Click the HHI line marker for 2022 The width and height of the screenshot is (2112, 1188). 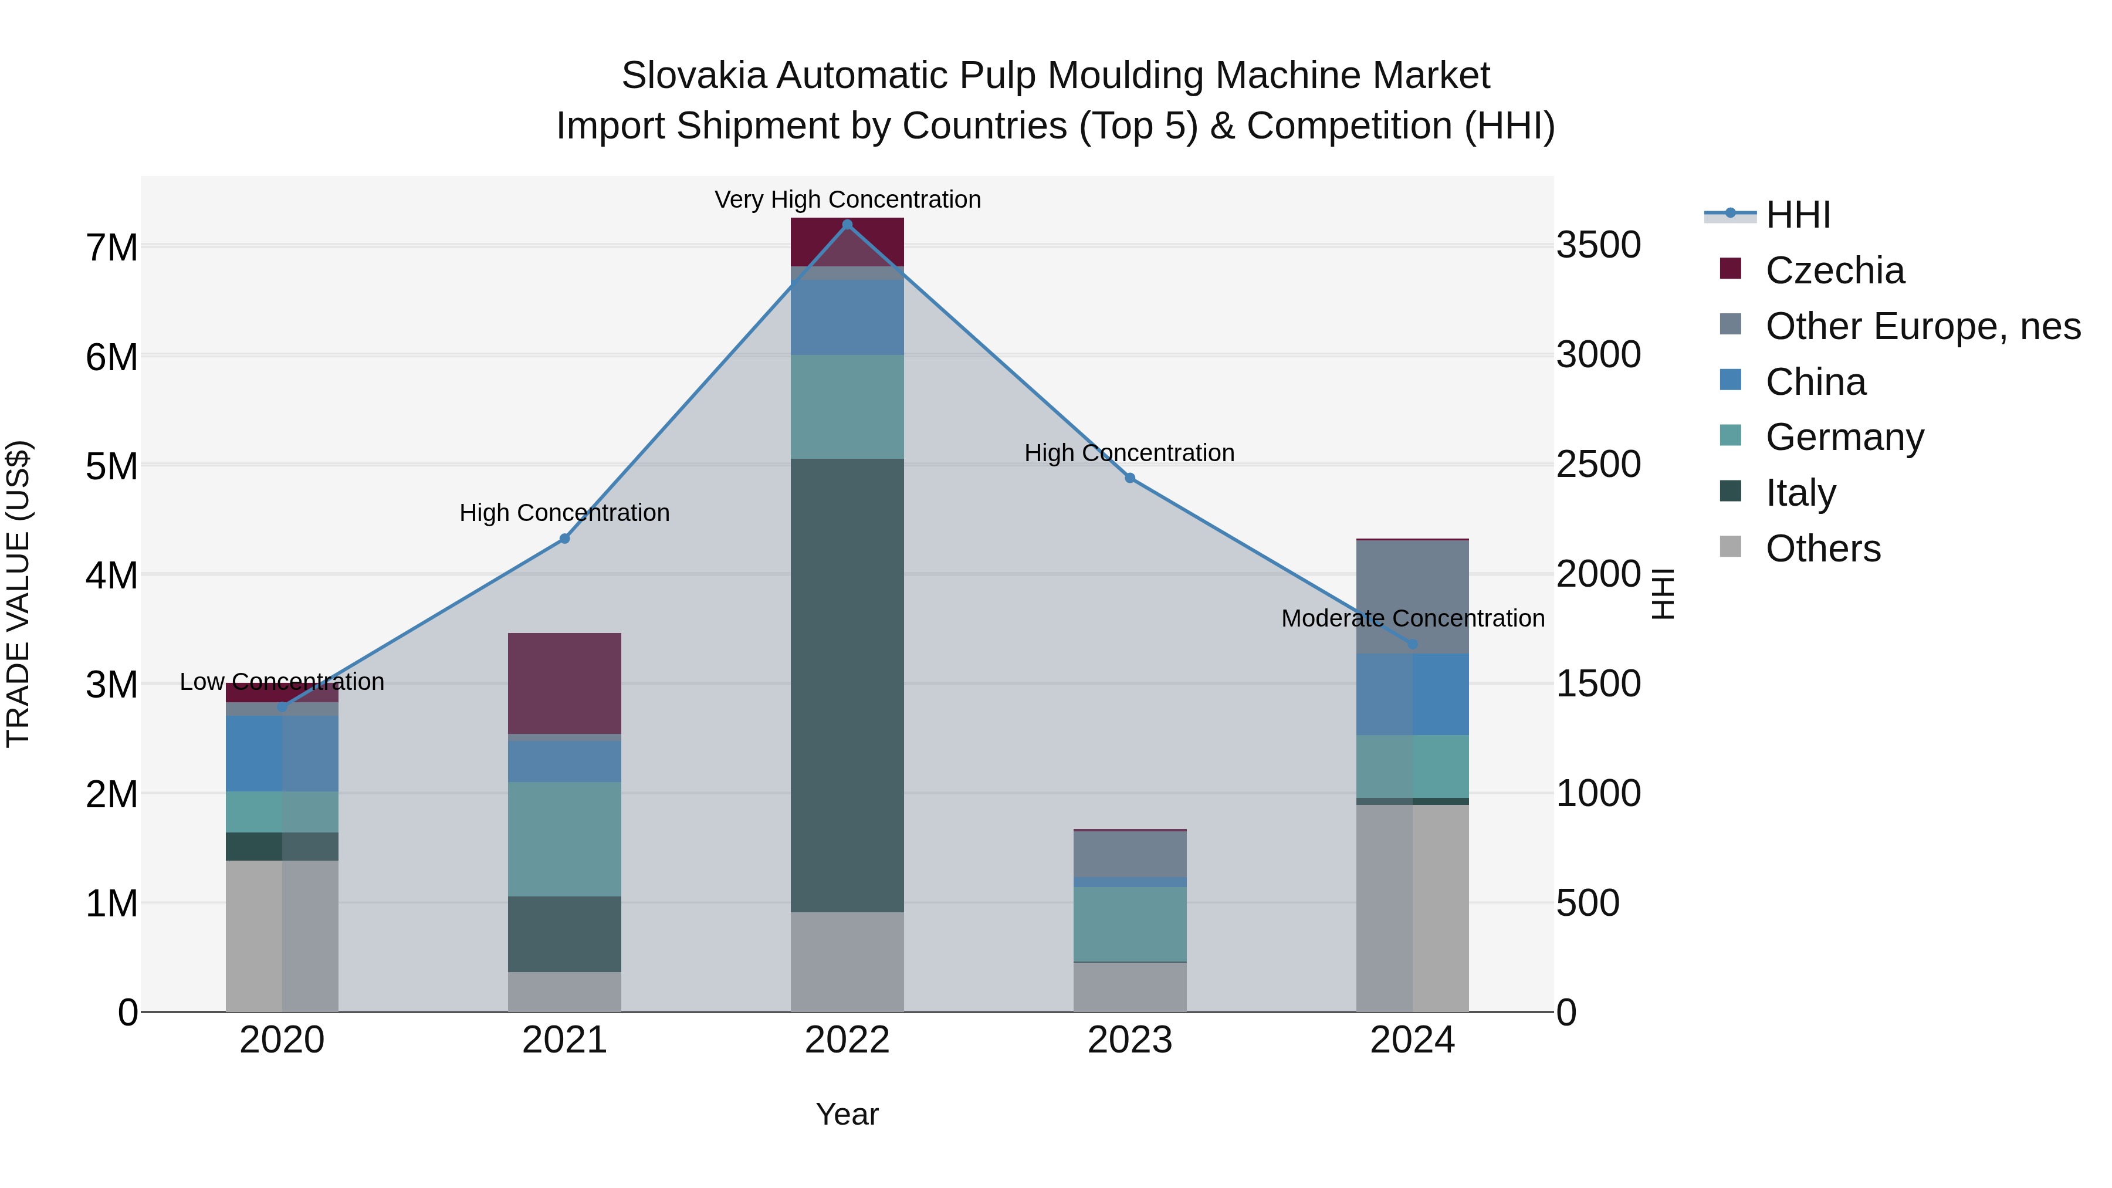[x=847, y=225]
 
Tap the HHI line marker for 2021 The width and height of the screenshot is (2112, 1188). [x=564, y=539]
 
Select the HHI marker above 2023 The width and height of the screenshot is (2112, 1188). [x=1130, y=478]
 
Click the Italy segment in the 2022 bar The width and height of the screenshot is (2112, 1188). [x=847, y=685]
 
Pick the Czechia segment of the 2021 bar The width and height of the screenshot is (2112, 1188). [x=564, y=683]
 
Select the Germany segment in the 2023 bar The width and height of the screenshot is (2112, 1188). [x=1130, y=924]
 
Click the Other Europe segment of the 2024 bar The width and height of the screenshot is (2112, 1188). [x=1412, y=597]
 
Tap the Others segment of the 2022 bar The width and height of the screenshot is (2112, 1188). [x=847, y=962]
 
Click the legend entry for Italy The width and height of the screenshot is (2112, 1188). [x=1800, y=493]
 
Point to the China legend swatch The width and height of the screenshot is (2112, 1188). [x=1731, y=380]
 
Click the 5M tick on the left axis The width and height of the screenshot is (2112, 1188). [x=112, y=466]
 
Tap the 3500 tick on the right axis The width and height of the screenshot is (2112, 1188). [x=1598, y=245]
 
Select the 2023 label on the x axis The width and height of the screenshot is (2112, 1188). [x=1130, y=1040]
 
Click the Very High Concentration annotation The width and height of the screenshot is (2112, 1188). [x=847, y=200]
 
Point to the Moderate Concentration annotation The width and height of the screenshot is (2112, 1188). [x=1412, y=618]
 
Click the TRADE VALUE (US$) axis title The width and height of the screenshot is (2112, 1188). [x=19, y=594]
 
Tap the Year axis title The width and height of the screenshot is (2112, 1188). [x=847, y=1114]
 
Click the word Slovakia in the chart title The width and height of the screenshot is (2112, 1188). [x=693, y=76]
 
